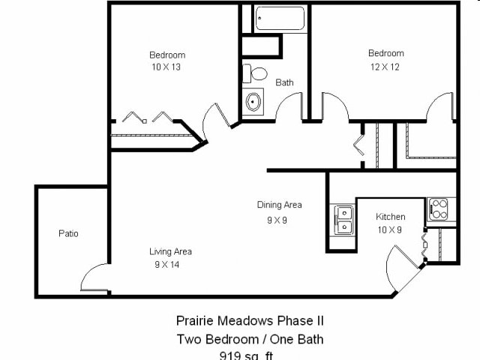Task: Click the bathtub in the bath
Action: pyautogui.click(x=280, y=19)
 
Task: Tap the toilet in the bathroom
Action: pyautogui.click(x=256, y=73)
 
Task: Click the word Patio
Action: pyautogui.click(x=68, y=233)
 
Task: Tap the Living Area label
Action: pyautogui.click(x=170, y=252)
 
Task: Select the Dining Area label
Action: pyautogui.click(x=279, y=205)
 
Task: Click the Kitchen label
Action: pyautogui.click(x=390, y=217)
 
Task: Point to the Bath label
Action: pyautogui.click(x=284, y=82)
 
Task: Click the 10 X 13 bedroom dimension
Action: pyautogui.click(x=166, y=67)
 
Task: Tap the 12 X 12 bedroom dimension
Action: pyautogui.click(x=385, y=66)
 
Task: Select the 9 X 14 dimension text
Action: pyautogui.click(x=166, y=264)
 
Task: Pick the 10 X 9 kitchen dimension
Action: pyautogui.click(x=389, y=229)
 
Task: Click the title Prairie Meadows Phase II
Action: pyautogui.click(x=250, y=321)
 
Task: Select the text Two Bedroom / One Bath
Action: pyautogui.click(x=250, y=339)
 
